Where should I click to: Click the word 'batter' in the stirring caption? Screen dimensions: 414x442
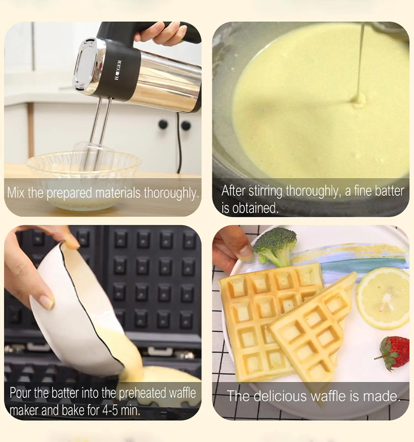(x=389, y=191)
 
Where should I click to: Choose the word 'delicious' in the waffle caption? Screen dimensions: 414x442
(x=280, y=396)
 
